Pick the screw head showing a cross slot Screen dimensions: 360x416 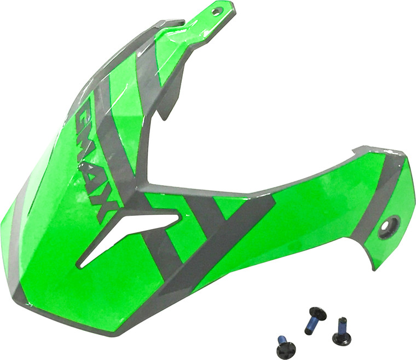click(286, 349)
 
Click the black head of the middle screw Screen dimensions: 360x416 click(318, 314)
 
